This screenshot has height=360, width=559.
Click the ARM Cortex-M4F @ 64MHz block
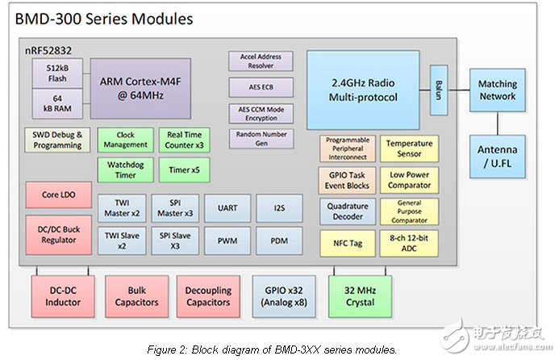pos(140,89)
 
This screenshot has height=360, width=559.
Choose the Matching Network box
pos(497,90)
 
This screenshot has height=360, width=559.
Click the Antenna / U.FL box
pos(497,157)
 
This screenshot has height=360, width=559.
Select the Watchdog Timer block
pos(125,170)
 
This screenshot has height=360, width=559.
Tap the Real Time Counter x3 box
pos(185,140)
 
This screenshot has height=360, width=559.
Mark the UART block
pos(227,208)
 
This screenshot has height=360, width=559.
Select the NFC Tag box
pos(347,242)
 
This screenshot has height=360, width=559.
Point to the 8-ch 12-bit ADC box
pos(409,242)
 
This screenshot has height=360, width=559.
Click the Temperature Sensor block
pos(409,149)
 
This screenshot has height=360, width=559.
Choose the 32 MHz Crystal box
pos(358,296)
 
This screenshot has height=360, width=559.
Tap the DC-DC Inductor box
pos(63,296)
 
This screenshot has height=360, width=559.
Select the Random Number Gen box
pos(261,138)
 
